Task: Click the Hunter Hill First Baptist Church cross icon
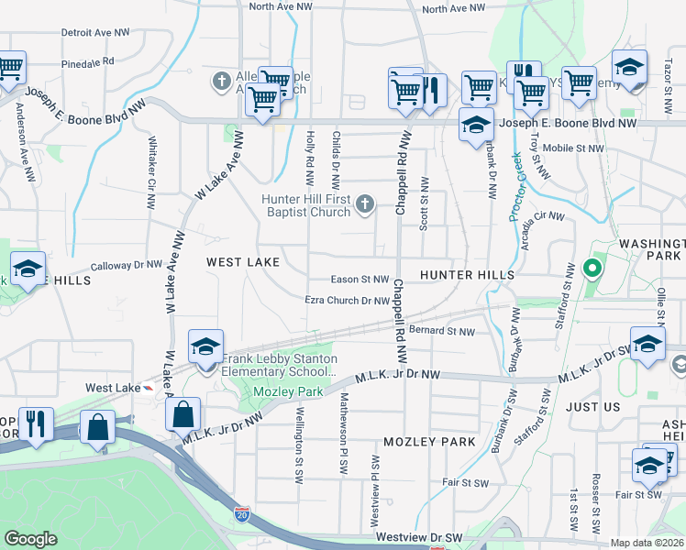(365, 203)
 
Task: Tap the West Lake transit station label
(112, 389)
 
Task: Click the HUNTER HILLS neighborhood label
(467, 275)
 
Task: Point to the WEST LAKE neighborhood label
(242, 262)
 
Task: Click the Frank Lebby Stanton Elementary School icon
(205, 347)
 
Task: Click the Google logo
(30, 539)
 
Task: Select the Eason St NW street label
(360, 280)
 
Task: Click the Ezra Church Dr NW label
(348, 300)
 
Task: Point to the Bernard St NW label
(442, 331)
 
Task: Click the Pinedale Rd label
(87, 62)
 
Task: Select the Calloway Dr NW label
(126, 264)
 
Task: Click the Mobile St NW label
(573, 148)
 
